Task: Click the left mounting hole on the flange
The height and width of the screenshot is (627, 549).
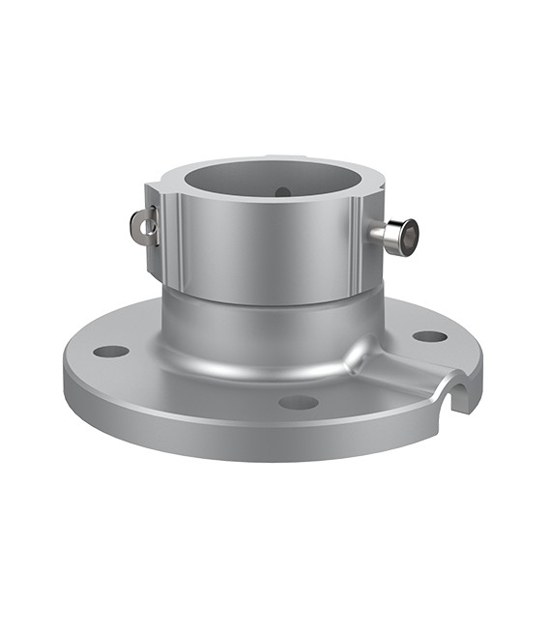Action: (111, 351)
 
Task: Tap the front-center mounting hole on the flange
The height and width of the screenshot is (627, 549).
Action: (299, 402)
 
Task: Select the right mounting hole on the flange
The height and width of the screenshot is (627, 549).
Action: (430, 336)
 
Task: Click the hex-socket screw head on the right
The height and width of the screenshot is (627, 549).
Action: (406, 234)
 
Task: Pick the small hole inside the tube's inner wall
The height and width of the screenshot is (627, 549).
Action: (282, 191)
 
